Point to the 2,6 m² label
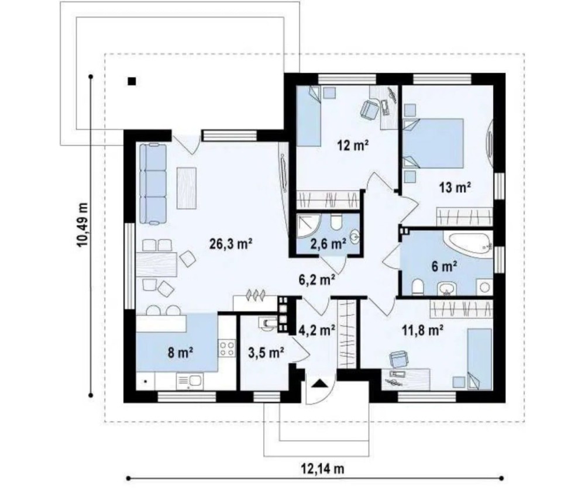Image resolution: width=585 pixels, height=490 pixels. [328, 244]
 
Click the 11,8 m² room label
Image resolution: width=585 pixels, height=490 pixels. [422, 330]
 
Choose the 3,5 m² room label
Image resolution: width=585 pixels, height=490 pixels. [266, 352]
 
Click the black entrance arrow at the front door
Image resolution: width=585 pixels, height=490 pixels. [319, 384]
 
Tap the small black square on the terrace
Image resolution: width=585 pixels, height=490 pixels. [131, 81]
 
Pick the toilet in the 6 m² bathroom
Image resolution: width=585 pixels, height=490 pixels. [418, 287]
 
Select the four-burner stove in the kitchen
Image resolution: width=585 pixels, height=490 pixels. [227, 348]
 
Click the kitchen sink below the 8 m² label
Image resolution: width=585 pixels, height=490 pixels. [190, 381]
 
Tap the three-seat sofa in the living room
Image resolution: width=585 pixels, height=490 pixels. [153, 184]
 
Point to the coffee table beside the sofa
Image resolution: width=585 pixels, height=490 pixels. [187, 188]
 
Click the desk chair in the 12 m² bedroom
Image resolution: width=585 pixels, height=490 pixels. [369, 110]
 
